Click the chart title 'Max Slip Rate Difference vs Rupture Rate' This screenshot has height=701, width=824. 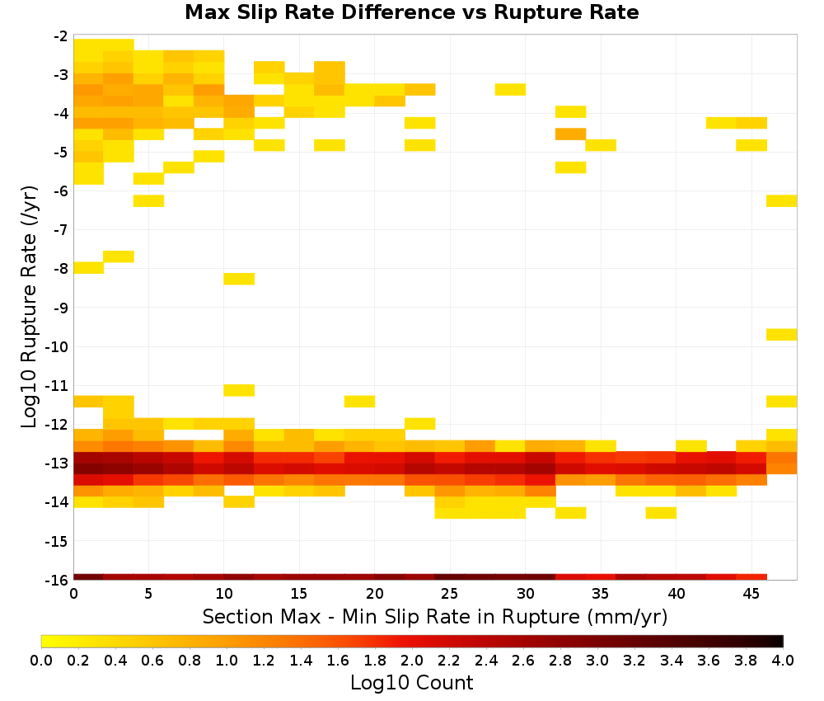pos(411,12)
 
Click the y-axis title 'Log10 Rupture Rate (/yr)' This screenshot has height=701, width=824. pos(29,307)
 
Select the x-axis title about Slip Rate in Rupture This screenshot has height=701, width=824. pos(435,617)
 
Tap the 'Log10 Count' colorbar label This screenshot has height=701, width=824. pos(411,683)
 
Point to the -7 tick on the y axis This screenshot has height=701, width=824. pos(61,230)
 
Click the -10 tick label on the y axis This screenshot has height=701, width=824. pos(57,346)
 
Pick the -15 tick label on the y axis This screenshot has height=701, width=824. pos(57,541)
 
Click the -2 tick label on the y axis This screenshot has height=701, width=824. pos(61,36)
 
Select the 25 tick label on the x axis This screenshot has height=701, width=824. pos(449,594)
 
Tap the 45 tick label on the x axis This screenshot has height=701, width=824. pos(751,594)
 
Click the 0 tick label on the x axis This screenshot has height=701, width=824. pos(73,594)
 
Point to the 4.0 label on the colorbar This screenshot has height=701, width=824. pos(783,660)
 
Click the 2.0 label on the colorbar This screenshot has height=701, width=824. pos(411,660)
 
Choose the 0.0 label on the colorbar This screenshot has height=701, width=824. pos(41,660)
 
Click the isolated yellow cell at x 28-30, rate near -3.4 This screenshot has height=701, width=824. pos(510,89)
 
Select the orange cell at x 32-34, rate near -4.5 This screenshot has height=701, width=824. pos(571,134)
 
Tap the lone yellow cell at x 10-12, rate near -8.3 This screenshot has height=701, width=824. pos(239,279)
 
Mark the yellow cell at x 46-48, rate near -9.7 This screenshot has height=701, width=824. pos(781,335)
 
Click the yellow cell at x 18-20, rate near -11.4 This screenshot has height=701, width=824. pos(359,402)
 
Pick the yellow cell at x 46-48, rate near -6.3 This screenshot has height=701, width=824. pos(781,201)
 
